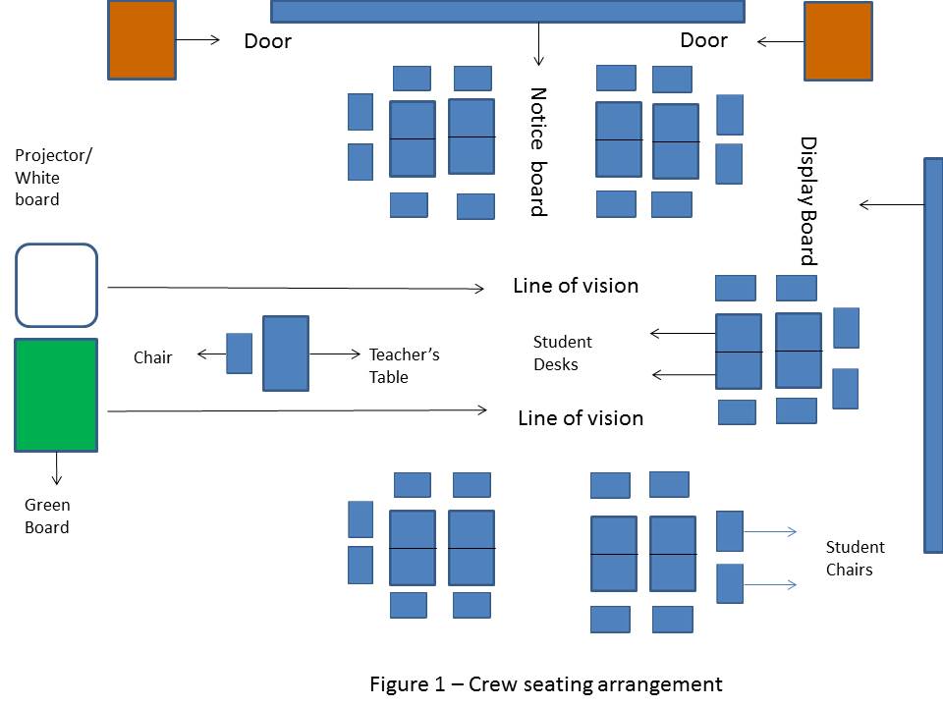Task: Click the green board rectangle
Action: coord(56,395)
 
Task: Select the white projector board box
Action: coord(56,285)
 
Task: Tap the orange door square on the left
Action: coord(141,40)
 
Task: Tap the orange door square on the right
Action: coord(838,41)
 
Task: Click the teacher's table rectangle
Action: coord(286,353)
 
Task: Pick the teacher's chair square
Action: coord(240,353)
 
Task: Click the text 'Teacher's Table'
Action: coord(404,365)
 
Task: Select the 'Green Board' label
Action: coord(47,517)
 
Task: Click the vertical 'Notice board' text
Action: coord(537,152)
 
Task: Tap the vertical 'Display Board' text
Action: coord(808,201)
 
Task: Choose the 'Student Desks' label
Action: coord(562,353)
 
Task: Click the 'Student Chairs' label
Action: coord(855,558)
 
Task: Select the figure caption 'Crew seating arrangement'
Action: coord(545,684)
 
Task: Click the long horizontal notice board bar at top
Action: coord(507,11)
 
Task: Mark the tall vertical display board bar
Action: coord(933,354)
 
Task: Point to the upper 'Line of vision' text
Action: coord(576,286)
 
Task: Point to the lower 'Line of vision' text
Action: coord(580,418)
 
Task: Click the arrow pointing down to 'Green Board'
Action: coord(57,468)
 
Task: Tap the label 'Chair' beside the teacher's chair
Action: coord(152,357)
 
